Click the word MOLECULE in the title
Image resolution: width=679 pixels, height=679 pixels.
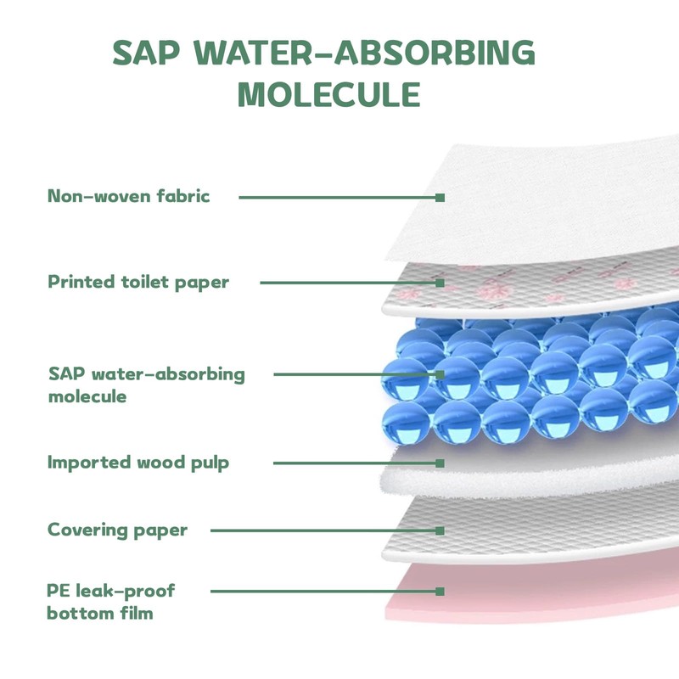329,94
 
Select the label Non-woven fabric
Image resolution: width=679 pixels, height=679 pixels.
128,197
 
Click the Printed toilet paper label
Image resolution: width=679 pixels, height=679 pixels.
138,282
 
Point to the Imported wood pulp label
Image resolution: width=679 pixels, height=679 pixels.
138,463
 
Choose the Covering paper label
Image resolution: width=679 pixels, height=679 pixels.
117,530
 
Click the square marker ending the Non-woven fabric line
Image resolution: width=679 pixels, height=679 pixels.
441,197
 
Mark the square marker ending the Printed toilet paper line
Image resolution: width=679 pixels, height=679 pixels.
441,282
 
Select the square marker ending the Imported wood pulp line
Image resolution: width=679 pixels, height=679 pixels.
441,463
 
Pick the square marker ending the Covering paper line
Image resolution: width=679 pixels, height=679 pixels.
441,530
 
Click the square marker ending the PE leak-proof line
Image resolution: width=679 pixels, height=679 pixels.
441,591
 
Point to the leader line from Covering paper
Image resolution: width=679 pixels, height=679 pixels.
323,530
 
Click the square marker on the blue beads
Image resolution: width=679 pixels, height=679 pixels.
441,373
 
